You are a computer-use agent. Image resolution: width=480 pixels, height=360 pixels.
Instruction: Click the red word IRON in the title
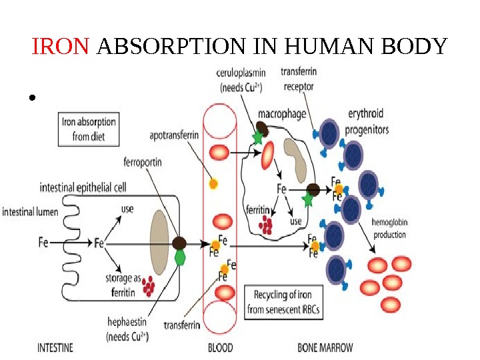tap(61, 47)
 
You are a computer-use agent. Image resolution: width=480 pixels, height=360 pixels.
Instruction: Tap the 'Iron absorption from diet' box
tap(89, 129)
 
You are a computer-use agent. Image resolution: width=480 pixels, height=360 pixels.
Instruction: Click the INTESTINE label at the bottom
tap(55, 347)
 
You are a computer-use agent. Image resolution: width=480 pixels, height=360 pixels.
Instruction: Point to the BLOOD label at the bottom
tap(221, 347)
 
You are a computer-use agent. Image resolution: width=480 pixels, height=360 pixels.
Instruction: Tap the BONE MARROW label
tap(325, 347)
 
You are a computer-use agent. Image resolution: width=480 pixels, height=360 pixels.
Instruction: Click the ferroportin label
tap(143, 161)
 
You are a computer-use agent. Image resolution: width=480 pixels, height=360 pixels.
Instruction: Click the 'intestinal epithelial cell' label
tap(83, 187)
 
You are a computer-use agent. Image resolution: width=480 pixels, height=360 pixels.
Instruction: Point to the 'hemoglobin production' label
tap(389, 229)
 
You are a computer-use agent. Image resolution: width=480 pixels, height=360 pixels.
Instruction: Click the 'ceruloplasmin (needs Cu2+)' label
tap(240, 79)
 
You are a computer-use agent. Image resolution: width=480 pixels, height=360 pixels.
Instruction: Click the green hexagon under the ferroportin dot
tap(180, 257)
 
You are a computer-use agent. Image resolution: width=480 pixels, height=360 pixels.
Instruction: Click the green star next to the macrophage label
tap(258, 137)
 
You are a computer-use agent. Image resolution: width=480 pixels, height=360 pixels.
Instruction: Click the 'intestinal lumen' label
tap(30, 213)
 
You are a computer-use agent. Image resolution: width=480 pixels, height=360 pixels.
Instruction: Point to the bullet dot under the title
tap(31, 100)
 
